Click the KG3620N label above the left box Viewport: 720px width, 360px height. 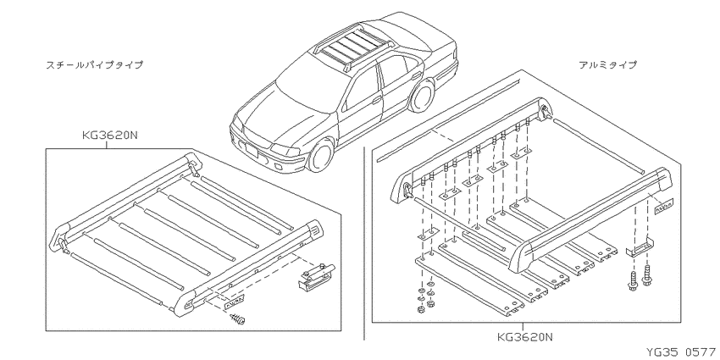[110, 136]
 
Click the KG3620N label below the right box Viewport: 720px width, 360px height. [525, 337]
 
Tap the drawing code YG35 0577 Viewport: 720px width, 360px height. [681, 352]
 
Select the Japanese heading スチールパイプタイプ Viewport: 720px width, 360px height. [94, 64]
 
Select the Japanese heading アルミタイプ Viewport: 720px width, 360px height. [608, 64]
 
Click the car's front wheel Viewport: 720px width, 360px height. [320, 155]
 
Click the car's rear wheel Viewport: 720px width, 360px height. [422, 96]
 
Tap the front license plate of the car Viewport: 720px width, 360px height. [252, 150]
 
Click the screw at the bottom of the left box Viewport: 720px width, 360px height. [237, 318]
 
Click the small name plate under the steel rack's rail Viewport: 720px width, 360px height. [233, 302]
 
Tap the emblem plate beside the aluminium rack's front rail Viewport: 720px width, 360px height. [663, 206]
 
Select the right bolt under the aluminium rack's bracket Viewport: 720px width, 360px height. [647, 275]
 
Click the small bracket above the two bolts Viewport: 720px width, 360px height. [640, 247]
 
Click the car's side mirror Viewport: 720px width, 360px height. [377, 99]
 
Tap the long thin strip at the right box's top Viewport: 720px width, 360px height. [448, 121]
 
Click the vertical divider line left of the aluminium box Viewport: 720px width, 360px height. [364, 243]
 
